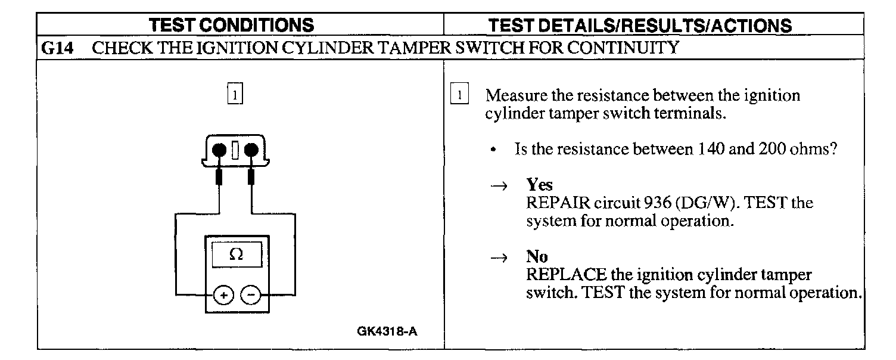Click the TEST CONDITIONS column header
pyautogui.click(x=231, y=25)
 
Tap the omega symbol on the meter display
pyautogui.click(x=236, y=255)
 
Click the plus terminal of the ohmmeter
pyautogui.click(x=223, y=294)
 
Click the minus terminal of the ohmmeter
pyautogui.click(x=251, y=294)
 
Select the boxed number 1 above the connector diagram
pyautogui.click(x=236, y=95)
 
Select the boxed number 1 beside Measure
pyautogui.click(x=460, y=95)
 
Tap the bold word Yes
pyautogui.click(x=539, y=185)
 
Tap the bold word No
pyautogui.click(x=537, y=257)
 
